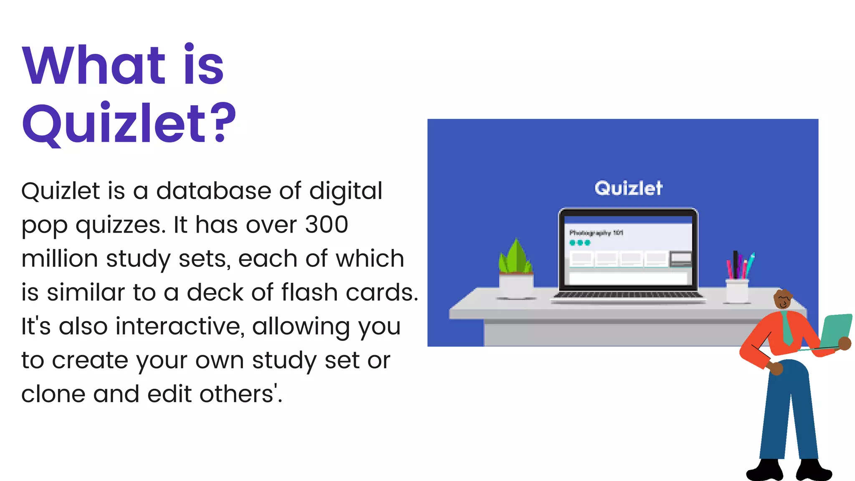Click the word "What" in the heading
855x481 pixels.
tap(94, 66)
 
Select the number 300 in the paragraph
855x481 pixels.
tap(326, 225)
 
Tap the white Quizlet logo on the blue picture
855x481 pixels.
tap(628, 188)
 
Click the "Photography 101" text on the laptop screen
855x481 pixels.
tap(596, 233)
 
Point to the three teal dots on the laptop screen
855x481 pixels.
tap(580, 243)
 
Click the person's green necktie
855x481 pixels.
tap(787, 328)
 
